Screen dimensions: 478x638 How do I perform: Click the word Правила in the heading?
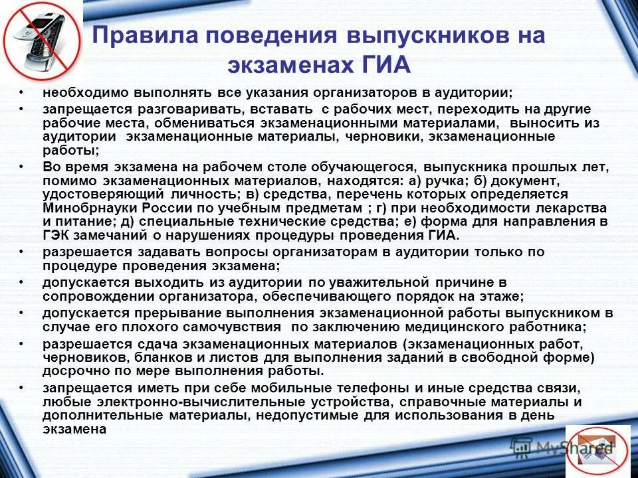pyautogui.click(x=136, y=36)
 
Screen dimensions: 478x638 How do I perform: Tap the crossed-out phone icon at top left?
pyautogui.click(x=41, y=42)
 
